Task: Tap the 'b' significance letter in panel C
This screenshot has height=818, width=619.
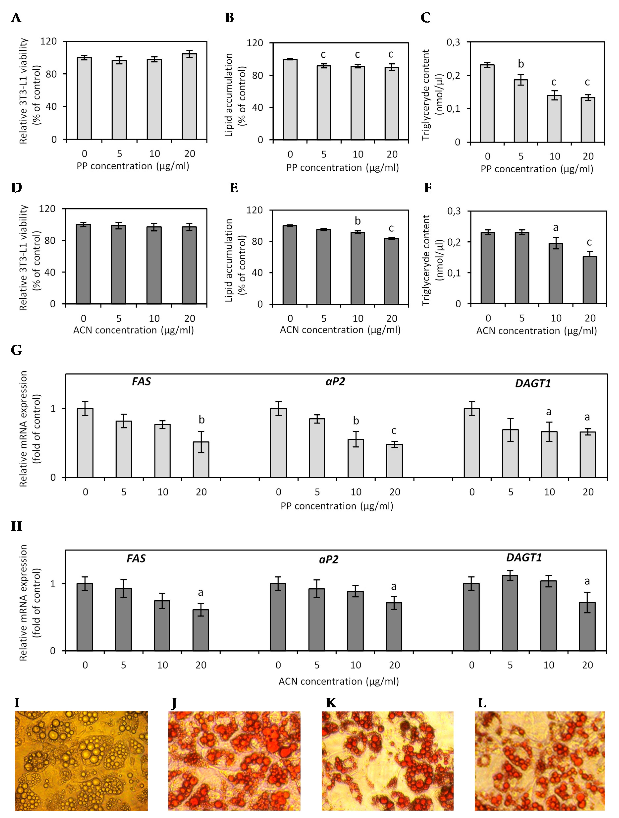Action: (521, 64)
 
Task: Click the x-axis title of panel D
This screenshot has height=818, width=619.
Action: (133, 330)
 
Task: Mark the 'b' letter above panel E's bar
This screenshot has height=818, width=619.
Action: (357, 221)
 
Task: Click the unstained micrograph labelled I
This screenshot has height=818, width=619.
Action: (81, 760)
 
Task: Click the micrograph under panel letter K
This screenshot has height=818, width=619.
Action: (387, 760)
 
